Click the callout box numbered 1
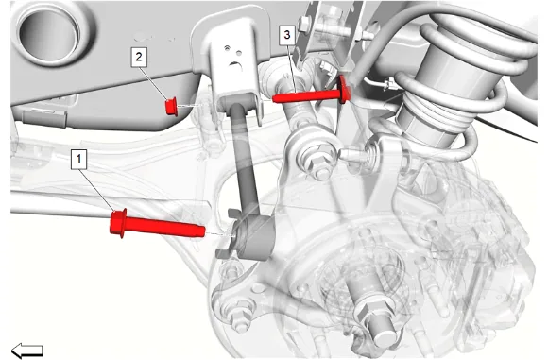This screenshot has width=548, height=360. (78, 160)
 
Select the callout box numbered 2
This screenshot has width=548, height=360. (139, 57)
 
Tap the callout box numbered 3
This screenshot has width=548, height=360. (287, 35)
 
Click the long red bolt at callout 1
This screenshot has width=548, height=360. (157, 224)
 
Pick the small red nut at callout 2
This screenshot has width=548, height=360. (171, 107)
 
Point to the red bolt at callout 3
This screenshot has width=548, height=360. (312, 93)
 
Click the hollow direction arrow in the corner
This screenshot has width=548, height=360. (27, 351)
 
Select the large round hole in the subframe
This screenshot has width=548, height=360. (48, 32)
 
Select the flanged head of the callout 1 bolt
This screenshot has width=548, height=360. (118, 223)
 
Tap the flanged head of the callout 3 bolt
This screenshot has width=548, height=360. (344, 90)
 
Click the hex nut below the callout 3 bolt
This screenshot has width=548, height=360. (318, 162)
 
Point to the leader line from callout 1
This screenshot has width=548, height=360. (97, 190)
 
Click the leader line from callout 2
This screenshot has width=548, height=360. (154, 83)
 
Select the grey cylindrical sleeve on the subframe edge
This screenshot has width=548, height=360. (44, 119)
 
